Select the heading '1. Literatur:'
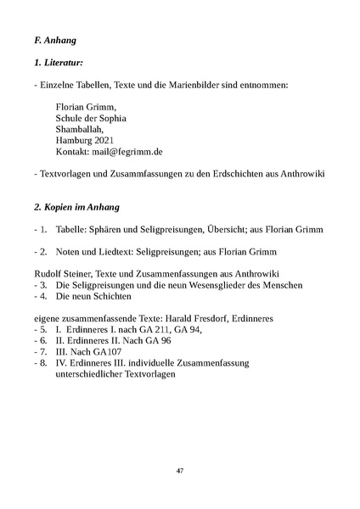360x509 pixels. pyautogui.click(x=53, y=62)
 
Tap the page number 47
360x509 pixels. pyautogui.click(x=180, y=470)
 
